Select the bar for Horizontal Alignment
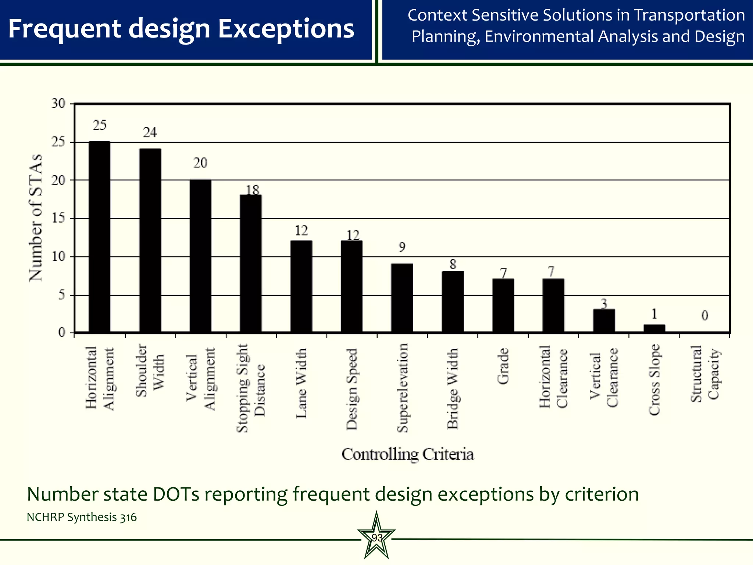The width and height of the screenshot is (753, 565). point(100,237)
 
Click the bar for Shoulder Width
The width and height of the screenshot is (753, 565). point(150,241)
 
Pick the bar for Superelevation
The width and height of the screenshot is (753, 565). point(402,298)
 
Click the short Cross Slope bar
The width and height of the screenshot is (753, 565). point(654,328)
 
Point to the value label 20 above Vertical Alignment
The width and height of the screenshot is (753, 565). point(200,163)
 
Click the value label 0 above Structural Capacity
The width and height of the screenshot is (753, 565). point(704,316)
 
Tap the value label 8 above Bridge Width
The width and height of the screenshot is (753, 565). point(453,264)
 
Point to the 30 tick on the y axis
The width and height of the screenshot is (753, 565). point(58,104)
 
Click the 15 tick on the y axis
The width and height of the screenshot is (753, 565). point(58,218)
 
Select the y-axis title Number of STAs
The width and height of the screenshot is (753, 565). point(36,218)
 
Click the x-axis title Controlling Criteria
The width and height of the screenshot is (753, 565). point(407,454)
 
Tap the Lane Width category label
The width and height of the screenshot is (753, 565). point(301,383)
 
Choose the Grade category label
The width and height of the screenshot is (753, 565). point(503,366)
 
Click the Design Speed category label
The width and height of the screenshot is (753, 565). point(352,389)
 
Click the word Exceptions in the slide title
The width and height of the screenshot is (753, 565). point(286,29)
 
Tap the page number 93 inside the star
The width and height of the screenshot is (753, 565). point(376,538)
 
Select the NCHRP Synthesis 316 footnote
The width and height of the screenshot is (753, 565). point(82,517)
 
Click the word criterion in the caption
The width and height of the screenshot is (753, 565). point(602,494)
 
